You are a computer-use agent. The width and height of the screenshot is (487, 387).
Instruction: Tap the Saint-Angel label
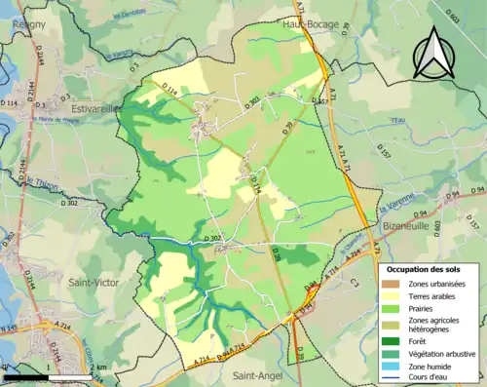point(255,373)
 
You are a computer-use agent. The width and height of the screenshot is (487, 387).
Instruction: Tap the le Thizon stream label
point(41,182)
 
